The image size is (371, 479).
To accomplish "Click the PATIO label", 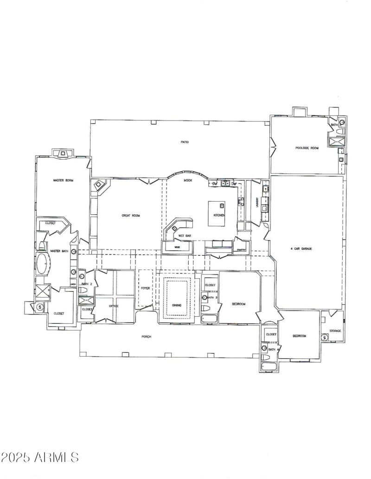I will point(185,142).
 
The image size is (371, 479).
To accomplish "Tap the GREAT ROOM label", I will point(131,216).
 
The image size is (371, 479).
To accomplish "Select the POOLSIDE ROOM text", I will point(307,148).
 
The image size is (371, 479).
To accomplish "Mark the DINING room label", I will point(177,305).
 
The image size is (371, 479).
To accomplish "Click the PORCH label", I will point(147,337).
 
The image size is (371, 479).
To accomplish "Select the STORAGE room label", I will point(335,331).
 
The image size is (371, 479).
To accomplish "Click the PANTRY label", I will point(241,249).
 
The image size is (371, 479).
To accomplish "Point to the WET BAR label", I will point(184,236).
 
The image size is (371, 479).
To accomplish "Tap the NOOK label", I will point(187,180).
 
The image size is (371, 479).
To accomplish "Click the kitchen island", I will point(216,213).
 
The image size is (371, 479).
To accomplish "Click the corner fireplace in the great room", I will point(99,186).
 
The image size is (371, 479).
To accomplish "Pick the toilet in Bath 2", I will point(83,290).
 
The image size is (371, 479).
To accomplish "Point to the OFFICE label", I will point(114,306).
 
